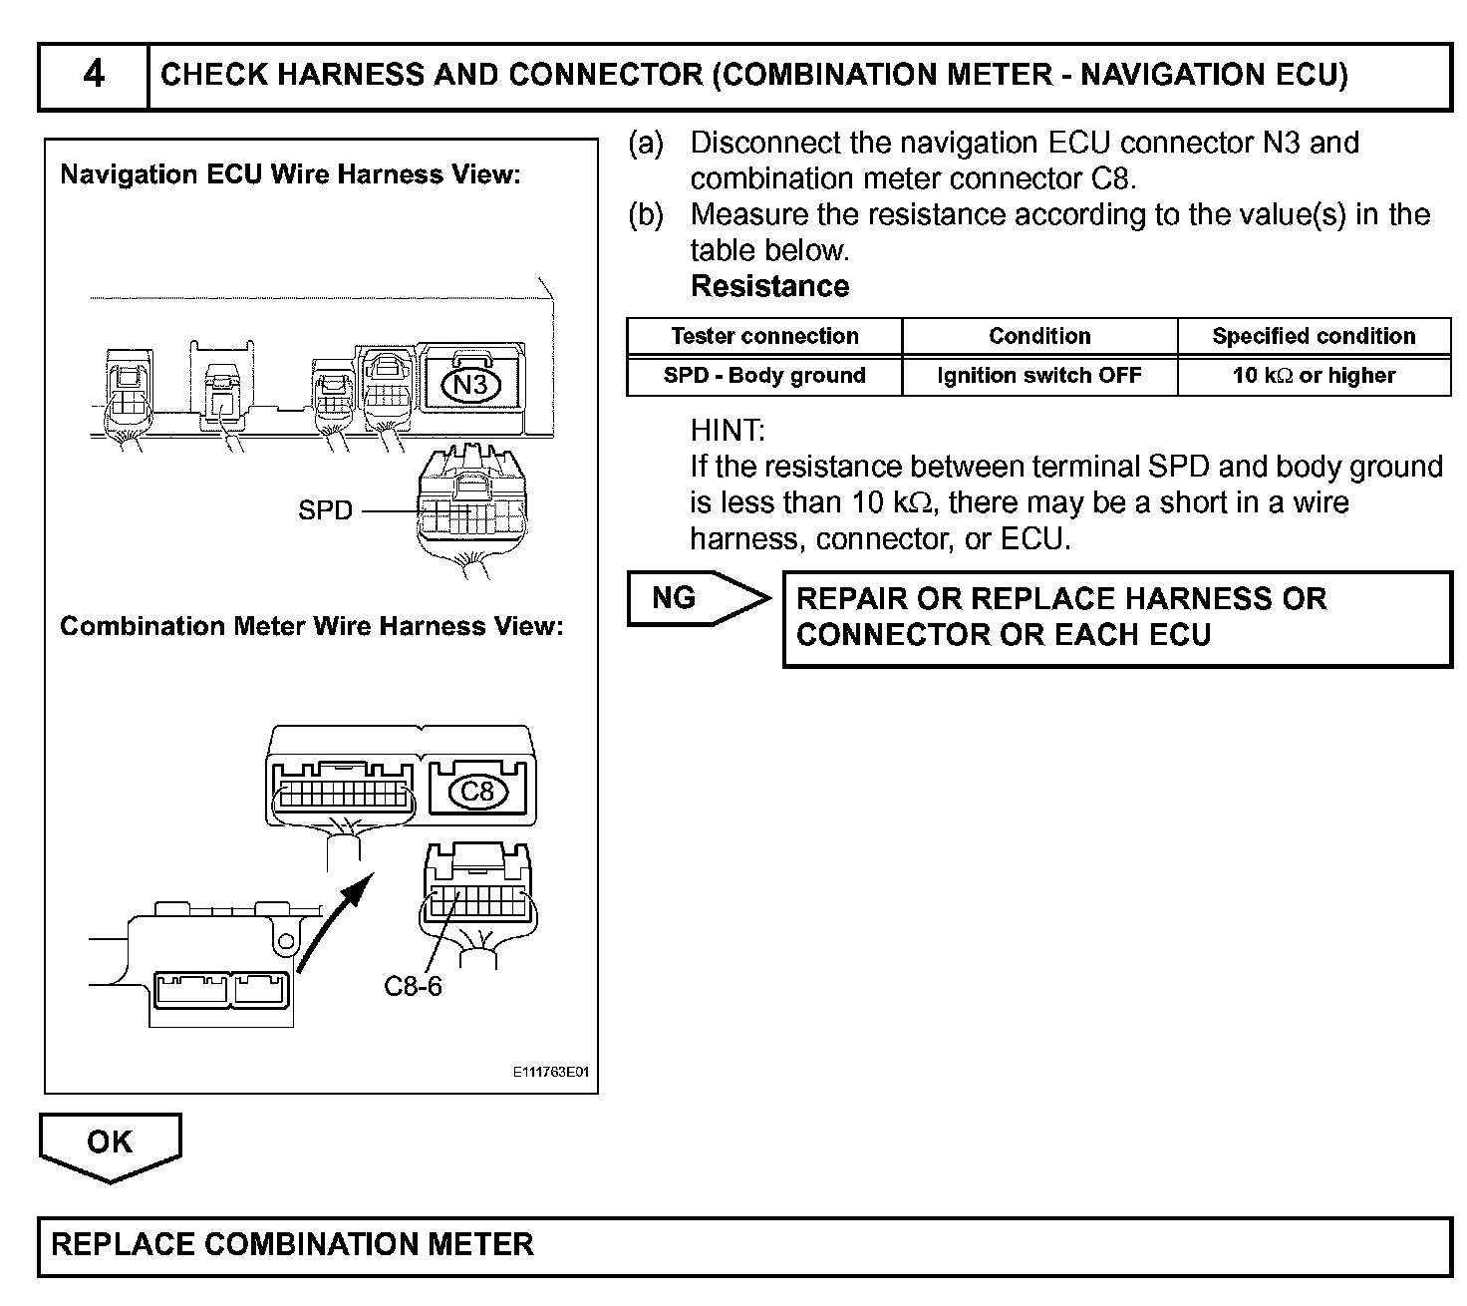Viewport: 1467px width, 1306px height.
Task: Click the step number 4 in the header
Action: [93, 75]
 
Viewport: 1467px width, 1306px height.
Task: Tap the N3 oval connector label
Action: [470, 384]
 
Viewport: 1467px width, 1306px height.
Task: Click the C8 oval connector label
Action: [477, 792]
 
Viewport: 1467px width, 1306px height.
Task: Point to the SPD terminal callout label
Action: [325, 510]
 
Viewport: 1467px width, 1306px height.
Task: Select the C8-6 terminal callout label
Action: [413, 987]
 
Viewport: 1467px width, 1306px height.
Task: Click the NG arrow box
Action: [698, 598]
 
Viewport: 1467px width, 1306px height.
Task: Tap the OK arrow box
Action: [110, 1143]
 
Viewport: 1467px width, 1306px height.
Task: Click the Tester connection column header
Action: [764, 336]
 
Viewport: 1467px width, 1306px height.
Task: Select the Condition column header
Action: [1039, 336]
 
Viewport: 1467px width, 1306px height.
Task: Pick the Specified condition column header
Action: [1314, 336]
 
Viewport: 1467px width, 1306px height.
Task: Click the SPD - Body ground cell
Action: [764, 376]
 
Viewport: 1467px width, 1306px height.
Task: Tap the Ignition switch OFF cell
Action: [1039, 376]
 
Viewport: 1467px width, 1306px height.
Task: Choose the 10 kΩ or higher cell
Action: [1314, 376]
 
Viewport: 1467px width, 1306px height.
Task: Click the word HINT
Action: [728, 431]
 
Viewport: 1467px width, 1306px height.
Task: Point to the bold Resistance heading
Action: [769, 287]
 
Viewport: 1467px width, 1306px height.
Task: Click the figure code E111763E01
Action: [551, 1074]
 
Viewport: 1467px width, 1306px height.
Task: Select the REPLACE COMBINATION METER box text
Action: [292, 1244]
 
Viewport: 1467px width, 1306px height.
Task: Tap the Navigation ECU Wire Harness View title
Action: [290, 174]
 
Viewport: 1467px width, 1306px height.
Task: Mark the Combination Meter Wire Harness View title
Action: [311, 626]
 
